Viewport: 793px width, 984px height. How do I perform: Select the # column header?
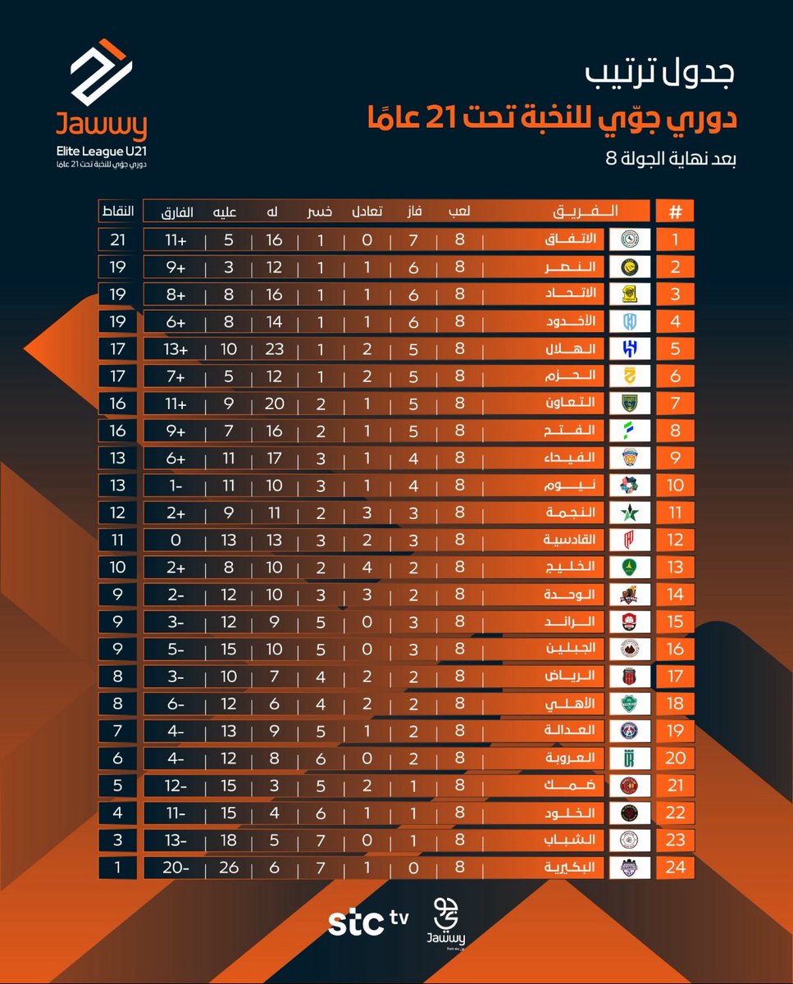(x=675, y=211)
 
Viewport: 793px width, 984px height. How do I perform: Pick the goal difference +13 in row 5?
(x=177, y=348)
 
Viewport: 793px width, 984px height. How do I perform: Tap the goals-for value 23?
(x=274, y=348)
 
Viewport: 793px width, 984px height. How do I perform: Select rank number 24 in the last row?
(x=675, y=867)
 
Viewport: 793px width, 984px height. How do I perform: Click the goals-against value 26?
(x=228, y=867)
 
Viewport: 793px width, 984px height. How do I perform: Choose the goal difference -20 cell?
(x=177, y=867)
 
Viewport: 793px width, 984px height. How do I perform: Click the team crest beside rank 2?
(x=631, y=266)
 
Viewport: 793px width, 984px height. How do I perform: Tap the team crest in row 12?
(x=631, y=540)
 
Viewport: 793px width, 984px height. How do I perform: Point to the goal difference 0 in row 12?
(x=177, y=540)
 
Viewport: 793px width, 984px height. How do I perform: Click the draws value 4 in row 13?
(x=368, y=567)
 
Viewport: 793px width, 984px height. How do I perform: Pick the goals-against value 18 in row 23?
(x=228, y=840)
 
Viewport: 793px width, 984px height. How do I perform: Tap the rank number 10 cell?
(x=675, y=485)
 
